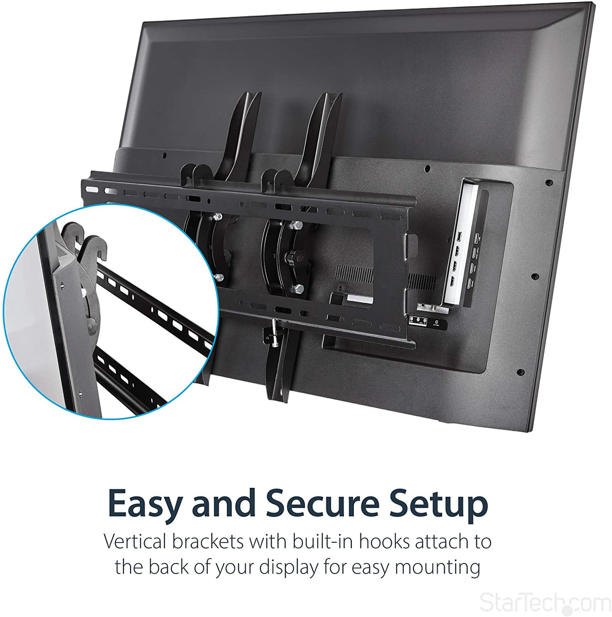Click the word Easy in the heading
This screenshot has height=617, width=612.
click(x=146, y=503)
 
